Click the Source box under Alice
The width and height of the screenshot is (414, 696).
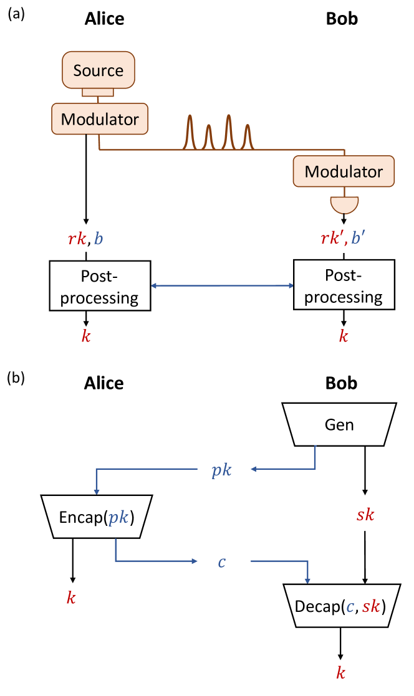tap(99, 70)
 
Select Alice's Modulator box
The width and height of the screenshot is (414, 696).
tap(99, 118)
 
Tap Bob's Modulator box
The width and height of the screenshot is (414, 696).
tap(344, 171)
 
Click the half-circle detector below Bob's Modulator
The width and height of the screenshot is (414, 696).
tap(344, 204)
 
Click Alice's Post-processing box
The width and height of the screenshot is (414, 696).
tap(100, 286)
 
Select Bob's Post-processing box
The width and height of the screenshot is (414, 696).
tap(344, 286)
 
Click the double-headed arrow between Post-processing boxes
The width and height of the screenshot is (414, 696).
tap(223, 286)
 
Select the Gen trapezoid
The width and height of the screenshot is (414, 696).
tap(339, 425)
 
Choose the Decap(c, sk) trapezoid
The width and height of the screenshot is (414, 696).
tap(340, 605)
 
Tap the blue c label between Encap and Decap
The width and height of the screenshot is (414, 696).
tap(221, 562)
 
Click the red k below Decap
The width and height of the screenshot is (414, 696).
tap(340, 673)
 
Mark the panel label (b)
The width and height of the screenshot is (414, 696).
tap(16, 378)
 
